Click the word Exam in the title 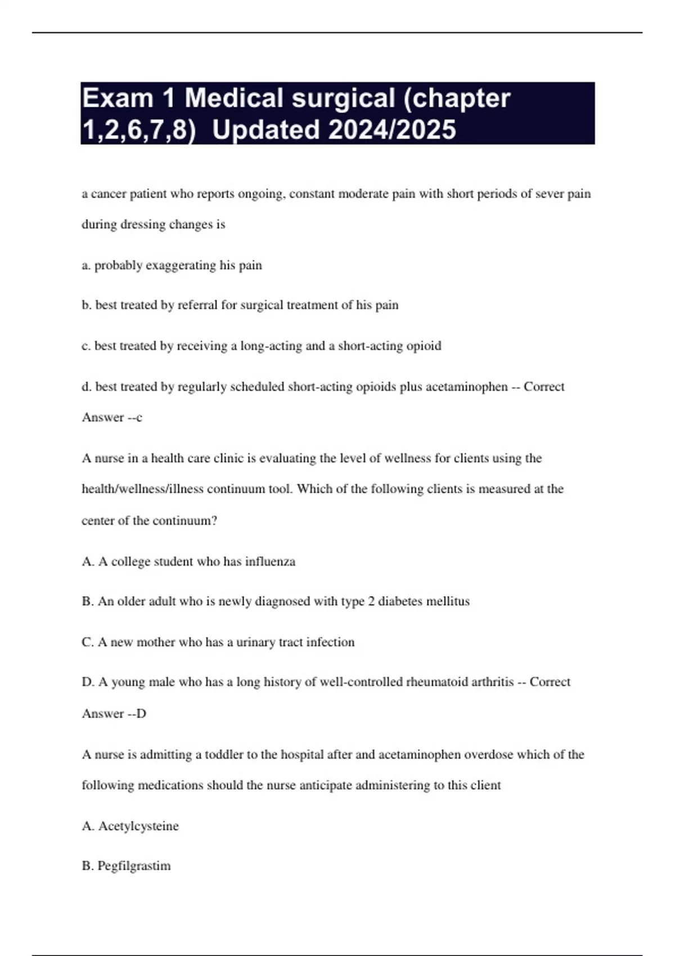point(118,98)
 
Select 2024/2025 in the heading point(391,130)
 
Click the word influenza point(270,562)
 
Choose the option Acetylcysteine point(138,826)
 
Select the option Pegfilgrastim point(134,866)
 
